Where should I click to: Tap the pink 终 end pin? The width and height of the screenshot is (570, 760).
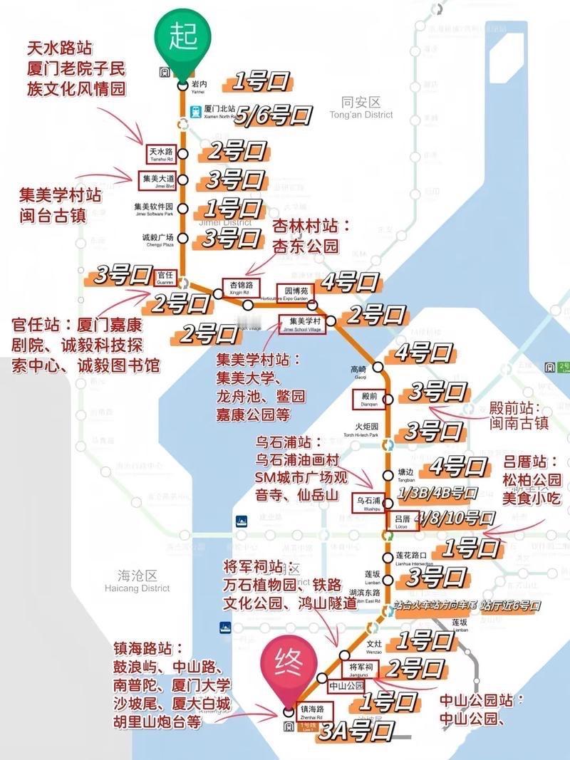coord(290,666)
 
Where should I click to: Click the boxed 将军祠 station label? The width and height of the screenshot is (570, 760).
coord(358,668)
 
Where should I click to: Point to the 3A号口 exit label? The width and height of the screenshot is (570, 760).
coord(356,731)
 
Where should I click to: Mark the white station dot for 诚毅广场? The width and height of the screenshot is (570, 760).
coord(183,238)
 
